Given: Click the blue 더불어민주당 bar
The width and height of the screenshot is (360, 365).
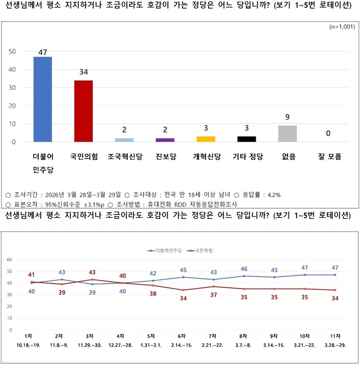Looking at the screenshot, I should click(x=43, y=99).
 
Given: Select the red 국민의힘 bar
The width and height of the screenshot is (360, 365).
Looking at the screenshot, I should click(x=84, y=111).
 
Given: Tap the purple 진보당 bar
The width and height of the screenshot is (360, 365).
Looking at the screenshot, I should click(x=165, y=140).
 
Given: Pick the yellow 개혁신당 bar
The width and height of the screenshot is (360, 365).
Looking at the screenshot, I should click(x=206, y=139).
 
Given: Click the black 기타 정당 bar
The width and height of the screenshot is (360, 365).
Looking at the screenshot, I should click(x=247, y=139).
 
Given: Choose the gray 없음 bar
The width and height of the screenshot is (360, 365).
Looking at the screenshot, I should click(x=287, y=134).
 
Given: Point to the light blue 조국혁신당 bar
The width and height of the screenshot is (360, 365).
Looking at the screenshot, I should click(x=124, y=140).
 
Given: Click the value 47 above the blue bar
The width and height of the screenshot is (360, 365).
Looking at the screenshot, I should click(x=43, y=52).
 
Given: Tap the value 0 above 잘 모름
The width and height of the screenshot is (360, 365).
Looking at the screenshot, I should click(x=328, y=134).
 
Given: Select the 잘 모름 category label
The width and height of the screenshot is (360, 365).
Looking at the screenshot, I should click(x=328, y=157).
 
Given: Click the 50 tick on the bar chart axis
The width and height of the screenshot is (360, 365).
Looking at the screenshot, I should click(x=12, y=51).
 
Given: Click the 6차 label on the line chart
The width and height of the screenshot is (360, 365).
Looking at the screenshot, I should click(x=182, y=336).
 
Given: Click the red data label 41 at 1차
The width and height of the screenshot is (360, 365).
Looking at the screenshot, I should click(x=31, y=275).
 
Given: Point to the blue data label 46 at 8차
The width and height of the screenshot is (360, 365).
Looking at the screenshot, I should click(x=244, y=269).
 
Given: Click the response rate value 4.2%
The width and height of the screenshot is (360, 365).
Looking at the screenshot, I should click(x=273, y=195).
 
